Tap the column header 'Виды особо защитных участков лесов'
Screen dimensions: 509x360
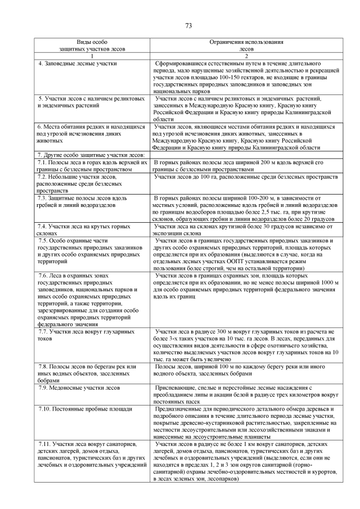91,46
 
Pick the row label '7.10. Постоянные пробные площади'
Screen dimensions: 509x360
81,409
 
